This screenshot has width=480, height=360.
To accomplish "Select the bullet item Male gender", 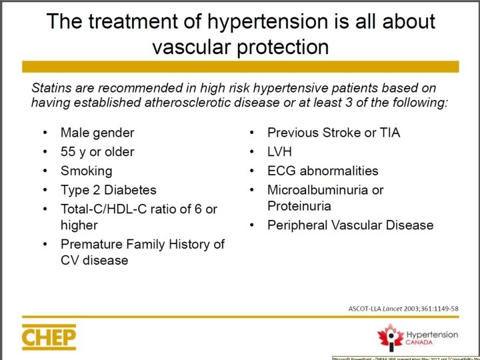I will point(97,133).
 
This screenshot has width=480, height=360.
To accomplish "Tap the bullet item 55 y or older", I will point(97,151).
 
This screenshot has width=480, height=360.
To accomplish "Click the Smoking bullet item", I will point(86,171).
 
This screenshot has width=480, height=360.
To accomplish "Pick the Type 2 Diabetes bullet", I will point(108,190).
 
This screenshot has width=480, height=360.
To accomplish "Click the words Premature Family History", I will point(142,244).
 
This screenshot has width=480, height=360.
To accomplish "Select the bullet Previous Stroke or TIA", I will point(333,133).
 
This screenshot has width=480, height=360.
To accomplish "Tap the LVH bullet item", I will point(279,151).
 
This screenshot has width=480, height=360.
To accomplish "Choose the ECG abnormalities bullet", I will point(323,171).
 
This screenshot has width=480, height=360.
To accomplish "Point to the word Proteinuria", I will point(299,206).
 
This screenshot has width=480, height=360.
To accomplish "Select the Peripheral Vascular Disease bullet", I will point(350,225).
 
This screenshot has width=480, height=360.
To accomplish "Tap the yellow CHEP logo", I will point(49,337).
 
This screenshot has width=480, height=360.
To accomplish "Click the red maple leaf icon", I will point(390,336).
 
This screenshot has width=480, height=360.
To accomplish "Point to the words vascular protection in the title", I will point(240,47).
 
